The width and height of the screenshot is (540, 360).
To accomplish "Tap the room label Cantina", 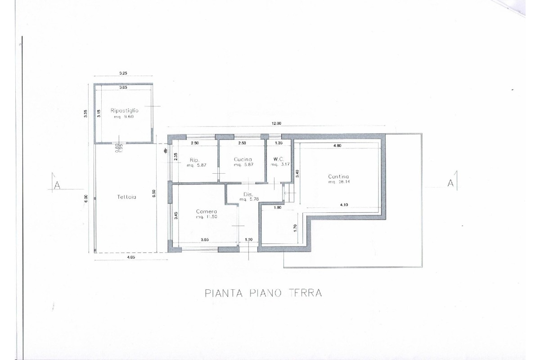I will pos(338,177).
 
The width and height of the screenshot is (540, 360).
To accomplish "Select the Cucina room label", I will pos(243,160).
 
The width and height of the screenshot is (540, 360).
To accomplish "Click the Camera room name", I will pos(207,211).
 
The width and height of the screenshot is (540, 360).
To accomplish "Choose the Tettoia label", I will pos(125,197).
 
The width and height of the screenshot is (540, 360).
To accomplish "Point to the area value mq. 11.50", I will pos(207,217).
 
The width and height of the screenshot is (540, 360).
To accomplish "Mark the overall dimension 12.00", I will pos(275,124).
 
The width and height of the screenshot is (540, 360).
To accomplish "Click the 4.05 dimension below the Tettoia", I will pos(130,257).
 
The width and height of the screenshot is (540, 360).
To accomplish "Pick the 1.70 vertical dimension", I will pos(295,228).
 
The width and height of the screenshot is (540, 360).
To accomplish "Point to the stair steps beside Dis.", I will pos(288,193).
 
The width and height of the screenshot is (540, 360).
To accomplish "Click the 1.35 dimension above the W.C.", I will pos(279,144).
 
